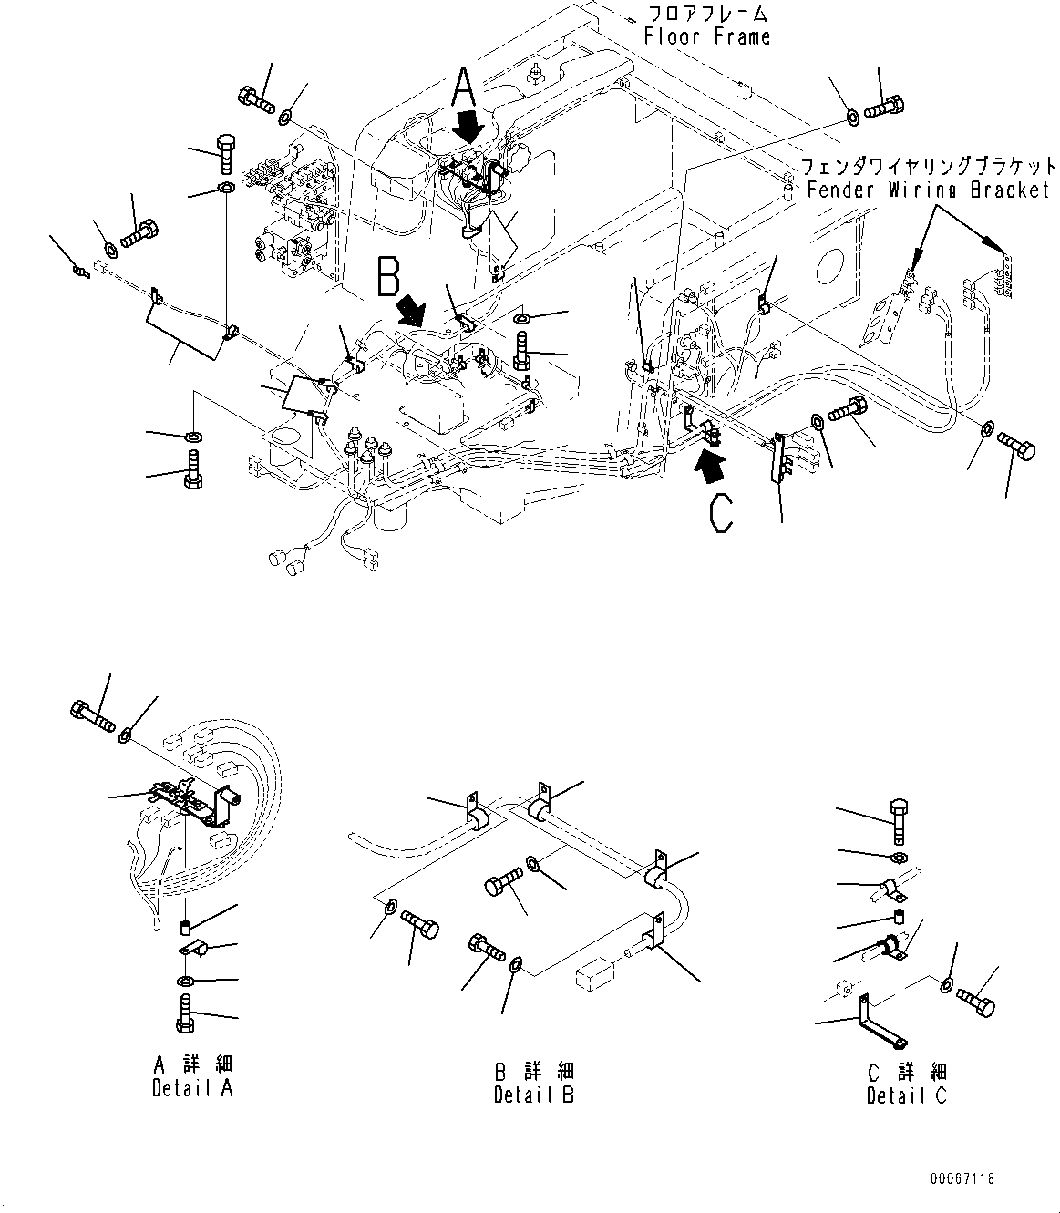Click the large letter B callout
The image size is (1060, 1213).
click(x=389, y=277)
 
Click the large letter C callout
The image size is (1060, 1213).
click(x=721, y=512)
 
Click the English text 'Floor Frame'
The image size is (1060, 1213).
click(x=706, y=36)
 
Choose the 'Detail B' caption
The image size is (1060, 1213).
click(x=534, y=1095)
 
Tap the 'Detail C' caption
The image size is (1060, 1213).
click(x=906, y=1095)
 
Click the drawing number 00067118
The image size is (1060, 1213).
click(x=962, y=1178)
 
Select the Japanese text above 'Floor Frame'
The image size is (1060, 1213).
click(x=706, y=14)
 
